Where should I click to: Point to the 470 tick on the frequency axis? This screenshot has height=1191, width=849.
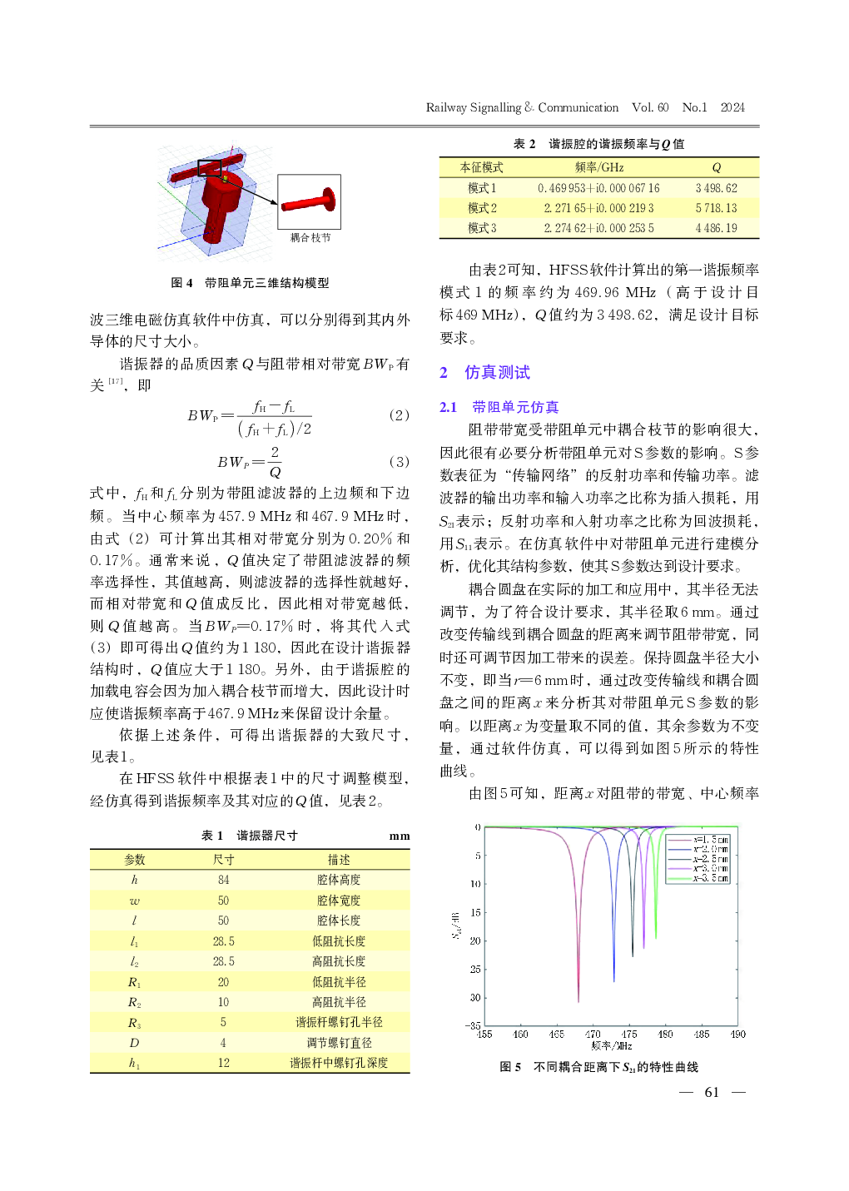click(593, 1035)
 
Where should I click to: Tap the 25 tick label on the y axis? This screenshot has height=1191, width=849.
click(475, 970)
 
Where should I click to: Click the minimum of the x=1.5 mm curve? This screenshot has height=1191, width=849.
click(578, 1001)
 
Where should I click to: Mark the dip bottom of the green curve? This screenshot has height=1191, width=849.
click(656, 939)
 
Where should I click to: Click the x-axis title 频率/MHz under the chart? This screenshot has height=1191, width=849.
click(612, 1045)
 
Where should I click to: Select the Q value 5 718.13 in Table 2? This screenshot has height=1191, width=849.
click(716, 208)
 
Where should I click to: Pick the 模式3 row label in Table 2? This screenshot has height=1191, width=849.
click(482, 228)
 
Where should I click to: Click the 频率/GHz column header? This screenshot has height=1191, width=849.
click(598, 167)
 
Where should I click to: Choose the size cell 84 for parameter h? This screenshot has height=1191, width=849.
click(223, 880)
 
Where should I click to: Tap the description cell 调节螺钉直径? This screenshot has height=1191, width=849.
click(339, 1043)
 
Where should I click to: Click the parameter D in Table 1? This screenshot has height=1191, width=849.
click(134, 1043)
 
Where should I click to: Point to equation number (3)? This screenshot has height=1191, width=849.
click(400, 461)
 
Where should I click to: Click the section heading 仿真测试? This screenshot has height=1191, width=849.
click(497, 372)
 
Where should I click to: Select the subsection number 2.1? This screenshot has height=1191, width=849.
click(449, 407)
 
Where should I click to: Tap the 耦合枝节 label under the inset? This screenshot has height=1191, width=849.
click(310, 238)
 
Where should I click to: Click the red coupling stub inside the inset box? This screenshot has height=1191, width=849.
click(308, 202)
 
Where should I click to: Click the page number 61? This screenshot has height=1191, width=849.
click(712, 1092)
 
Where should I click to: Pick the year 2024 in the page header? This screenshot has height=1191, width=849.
click(732, 107)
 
